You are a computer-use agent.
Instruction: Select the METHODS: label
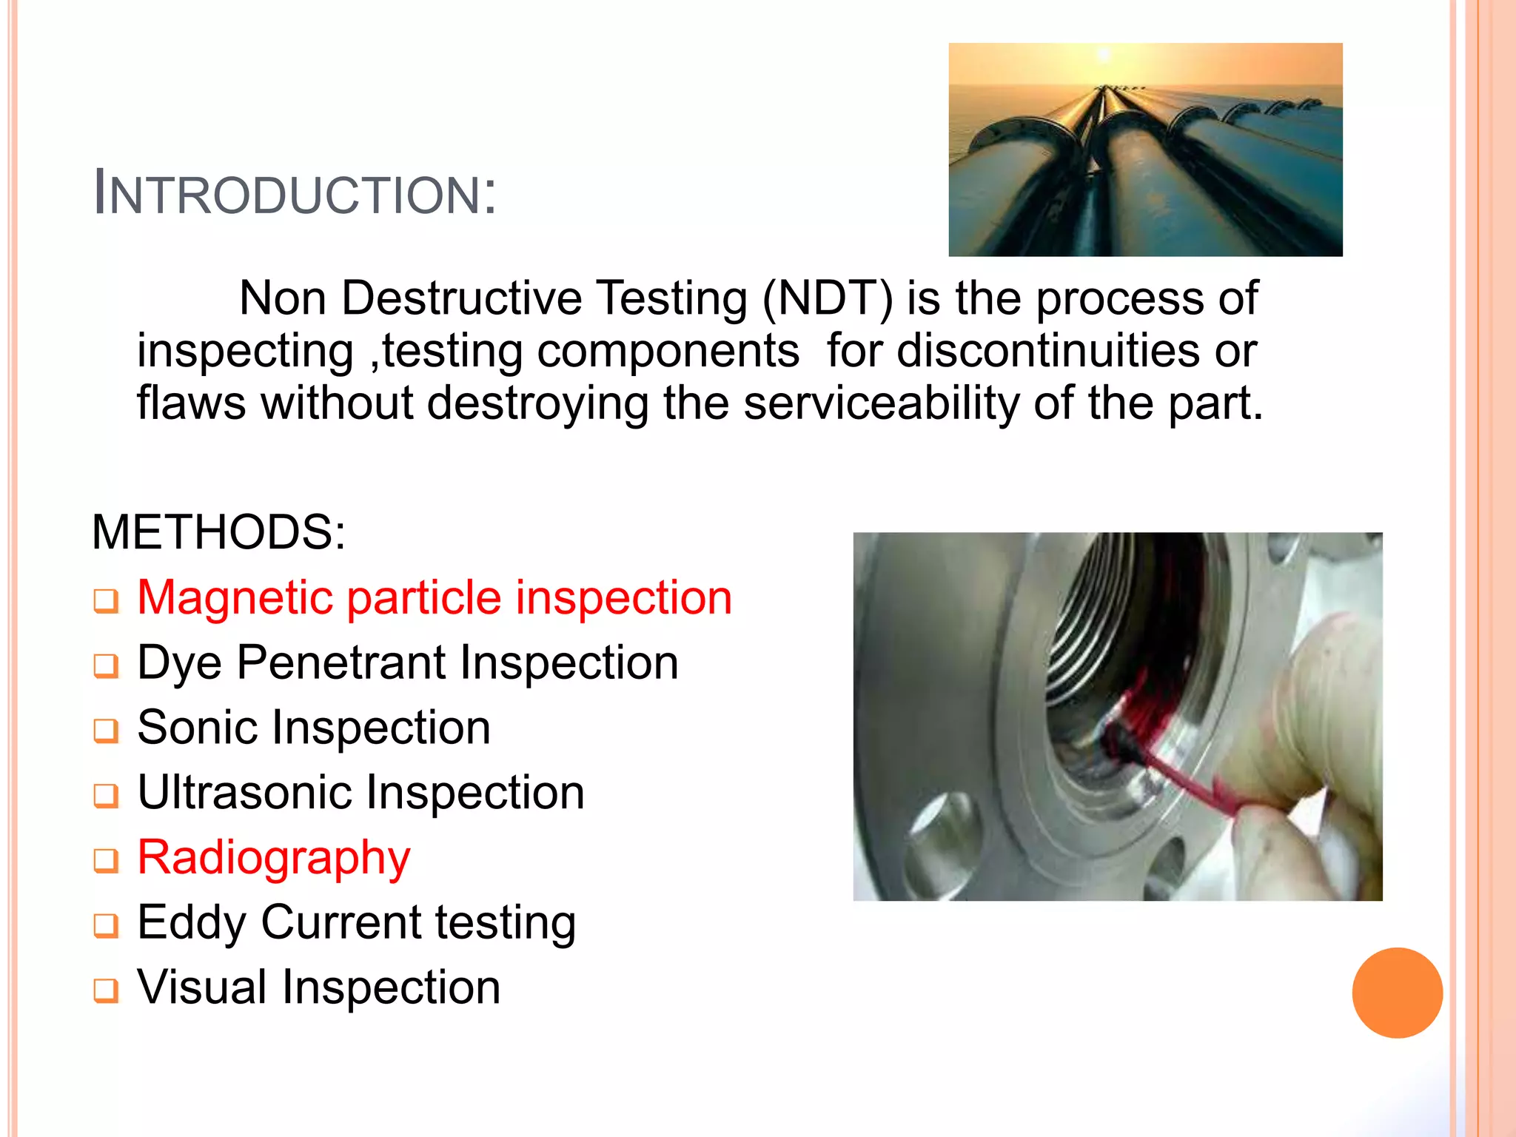click(218, 532)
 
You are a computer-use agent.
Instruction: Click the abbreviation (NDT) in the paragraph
click(828, 298)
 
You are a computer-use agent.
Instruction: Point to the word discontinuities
click(1048, 351)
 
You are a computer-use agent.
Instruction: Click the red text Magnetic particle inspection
click(435, 597)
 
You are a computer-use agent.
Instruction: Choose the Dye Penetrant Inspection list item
click(408, 663)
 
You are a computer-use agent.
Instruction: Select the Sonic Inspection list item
click(314, 728)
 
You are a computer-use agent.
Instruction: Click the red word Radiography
click(274, 858)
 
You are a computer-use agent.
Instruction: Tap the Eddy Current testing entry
click(356, 923)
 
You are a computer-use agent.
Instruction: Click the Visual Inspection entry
click(319, 988)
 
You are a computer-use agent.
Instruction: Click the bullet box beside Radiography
click(106, 860)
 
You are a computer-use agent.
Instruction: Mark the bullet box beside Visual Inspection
click(106, 990)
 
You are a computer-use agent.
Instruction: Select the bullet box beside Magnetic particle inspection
click(106, 600)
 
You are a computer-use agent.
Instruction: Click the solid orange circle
click(1397, 993)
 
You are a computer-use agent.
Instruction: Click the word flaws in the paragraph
click(191, 403)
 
